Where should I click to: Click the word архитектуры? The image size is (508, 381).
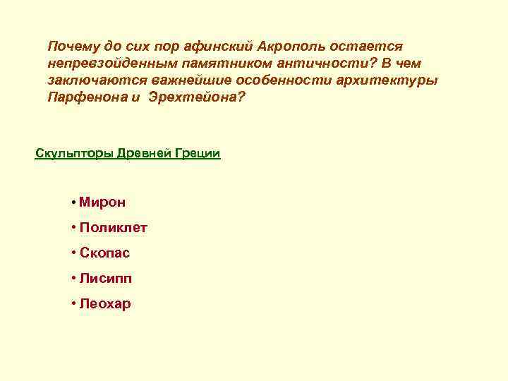pos(393,80)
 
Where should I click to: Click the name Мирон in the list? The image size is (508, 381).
pos(102,202)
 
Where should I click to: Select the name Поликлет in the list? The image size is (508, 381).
pos(113,228)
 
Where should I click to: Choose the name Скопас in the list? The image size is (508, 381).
pos(104,253)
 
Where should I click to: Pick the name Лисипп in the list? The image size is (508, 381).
pos(105,279)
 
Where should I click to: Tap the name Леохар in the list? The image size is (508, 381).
pos(105,304)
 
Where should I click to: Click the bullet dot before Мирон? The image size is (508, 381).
pos(73,203)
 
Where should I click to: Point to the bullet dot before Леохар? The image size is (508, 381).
pos(73,305)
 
